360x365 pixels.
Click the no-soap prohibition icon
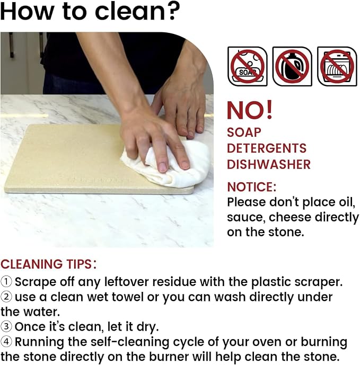click(x=248, y=66)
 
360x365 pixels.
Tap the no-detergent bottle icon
click(x=292, y=66)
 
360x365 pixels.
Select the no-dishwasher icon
click(x=337, y=66)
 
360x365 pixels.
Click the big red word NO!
click(x=250, y=110)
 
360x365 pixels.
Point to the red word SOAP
click(x=244, y=132)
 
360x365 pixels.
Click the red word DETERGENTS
click(x=267, y=148)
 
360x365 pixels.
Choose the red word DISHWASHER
click(x=269, y=164)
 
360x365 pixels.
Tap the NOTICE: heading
click(x=252, y=187)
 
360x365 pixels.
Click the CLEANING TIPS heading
click(x=48, y=264)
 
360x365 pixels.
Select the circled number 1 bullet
click(x=6, y=282)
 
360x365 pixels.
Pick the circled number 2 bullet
click(x=6, y=297)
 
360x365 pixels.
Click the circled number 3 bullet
click(x=6, y=326)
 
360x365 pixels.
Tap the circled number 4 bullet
click(x=6, y=342)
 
